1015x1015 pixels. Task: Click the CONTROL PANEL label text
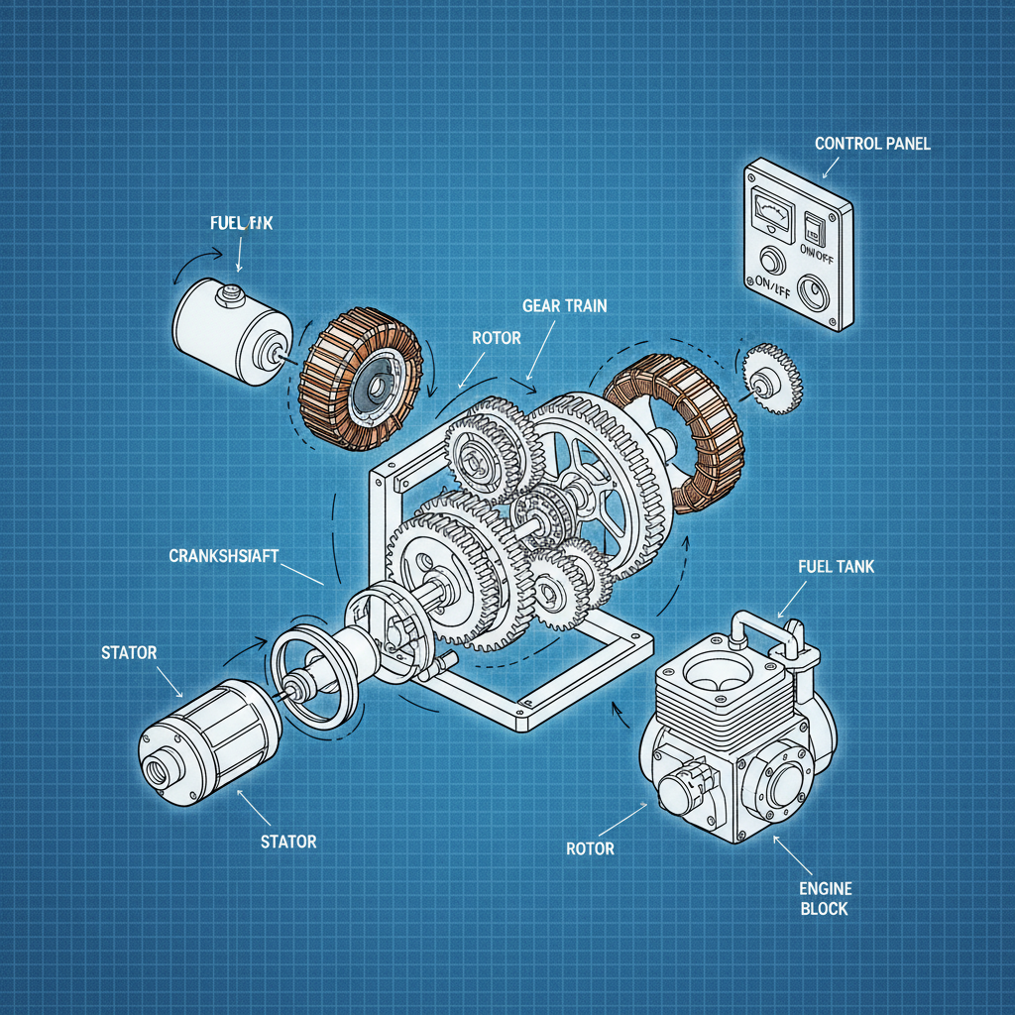tap(872, 144)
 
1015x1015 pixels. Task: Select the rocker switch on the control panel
tap(816, 228)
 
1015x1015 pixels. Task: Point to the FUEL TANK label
tap(836, 567)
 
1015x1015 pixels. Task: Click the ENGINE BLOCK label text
tap(825, 898)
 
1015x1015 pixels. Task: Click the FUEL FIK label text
tap(241, 224)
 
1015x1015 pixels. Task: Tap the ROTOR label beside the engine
tap(590, 848)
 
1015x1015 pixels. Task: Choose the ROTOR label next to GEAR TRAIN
tap(497, 338)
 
